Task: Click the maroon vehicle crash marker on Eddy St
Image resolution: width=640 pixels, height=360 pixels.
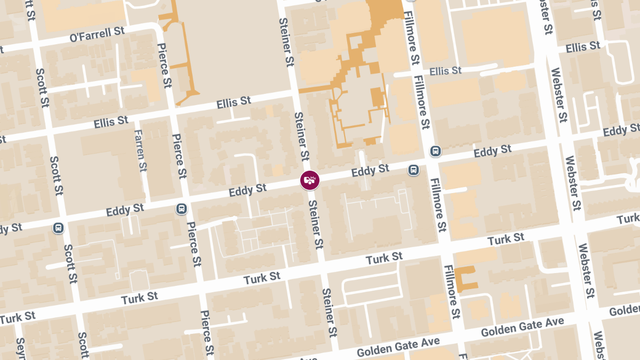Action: (309, 180)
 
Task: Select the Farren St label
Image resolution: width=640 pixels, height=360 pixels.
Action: (141, 151)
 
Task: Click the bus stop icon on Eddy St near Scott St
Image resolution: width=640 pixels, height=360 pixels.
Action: (58, 228)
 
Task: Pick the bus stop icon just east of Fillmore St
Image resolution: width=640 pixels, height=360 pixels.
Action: (436, 151)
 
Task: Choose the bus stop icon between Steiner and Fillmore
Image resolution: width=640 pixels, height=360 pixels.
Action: (413, 170)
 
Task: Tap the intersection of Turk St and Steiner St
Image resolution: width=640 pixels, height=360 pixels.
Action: (321, 269)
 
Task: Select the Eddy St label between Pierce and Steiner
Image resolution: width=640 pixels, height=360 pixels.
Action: (247, 190)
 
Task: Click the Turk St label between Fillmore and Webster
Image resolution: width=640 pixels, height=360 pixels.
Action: (506, 239)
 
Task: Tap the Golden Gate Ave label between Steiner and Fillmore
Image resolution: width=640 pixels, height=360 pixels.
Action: (398, 347)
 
